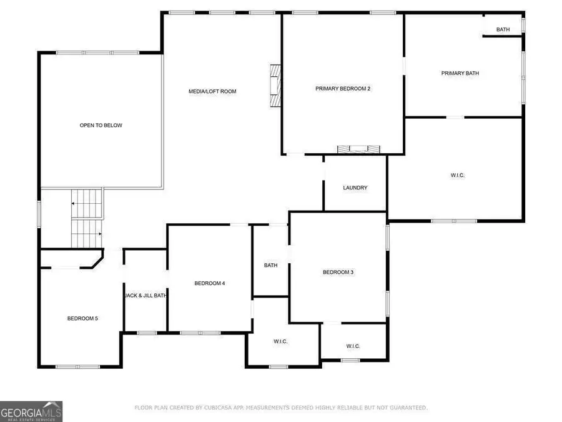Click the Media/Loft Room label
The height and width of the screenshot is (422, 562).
[212, 91]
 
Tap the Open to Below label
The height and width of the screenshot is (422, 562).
[101, 125]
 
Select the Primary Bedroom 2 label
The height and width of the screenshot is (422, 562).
[343, 89]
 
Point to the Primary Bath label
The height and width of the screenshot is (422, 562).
[460, 73]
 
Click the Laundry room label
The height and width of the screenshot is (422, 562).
[355, 188]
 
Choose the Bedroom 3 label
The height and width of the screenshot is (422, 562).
[338, 272]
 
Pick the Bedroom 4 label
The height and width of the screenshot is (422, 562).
[209, 283]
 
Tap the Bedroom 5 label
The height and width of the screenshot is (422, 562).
[82, 318]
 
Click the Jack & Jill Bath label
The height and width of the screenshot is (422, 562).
[145, 296]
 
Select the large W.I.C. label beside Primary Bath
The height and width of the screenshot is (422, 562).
[457, 175]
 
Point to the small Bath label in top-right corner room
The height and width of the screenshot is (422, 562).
[503, 29]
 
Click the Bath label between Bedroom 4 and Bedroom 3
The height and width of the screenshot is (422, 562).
[270, 265]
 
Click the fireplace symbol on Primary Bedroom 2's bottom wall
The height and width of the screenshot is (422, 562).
[359, 149]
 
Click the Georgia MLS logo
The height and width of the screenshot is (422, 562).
[31, 412]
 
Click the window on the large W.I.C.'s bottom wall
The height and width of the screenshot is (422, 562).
[454, 221]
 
